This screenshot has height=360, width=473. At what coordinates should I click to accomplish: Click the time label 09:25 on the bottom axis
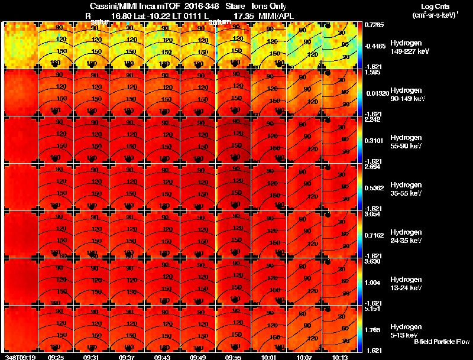point(56,357)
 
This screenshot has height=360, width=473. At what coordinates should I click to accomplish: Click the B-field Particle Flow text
point(441,342)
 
